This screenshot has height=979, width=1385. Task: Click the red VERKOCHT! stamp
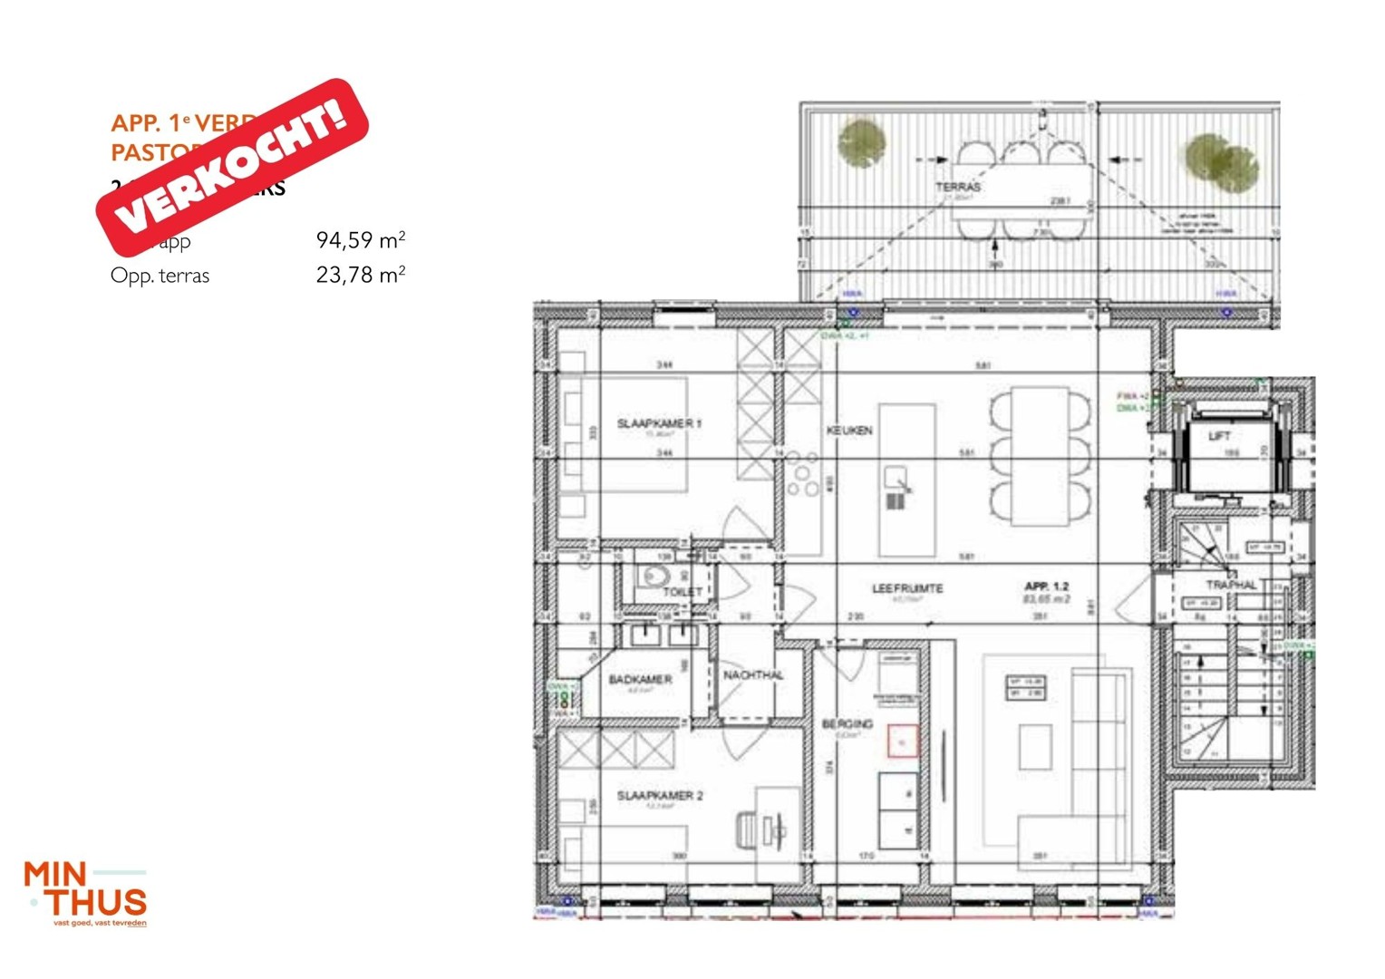coord(233,167)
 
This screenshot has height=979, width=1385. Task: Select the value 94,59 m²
coord(360,240)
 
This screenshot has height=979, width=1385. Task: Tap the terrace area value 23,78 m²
coord(360,275)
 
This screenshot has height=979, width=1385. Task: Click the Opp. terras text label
coord(160,276)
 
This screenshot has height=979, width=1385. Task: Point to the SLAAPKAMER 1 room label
coord(659,423)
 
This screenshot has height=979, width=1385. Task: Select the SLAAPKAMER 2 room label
coord(660,796)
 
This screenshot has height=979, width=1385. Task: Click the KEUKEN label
coord(849,431)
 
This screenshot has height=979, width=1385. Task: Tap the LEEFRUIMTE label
coord(907,588)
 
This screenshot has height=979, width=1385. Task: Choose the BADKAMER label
coord(640,679)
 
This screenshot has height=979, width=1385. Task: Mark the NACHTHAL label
coord(753,675)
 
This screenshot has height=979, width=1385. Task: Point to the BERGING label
coord(847,723)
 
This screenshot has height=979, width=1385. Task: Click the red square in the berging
coord(902,742)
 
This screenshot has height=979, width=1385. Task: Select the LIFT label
coord(1219,436)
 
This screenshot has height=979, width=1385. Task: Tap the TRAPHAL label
coord(1231,585)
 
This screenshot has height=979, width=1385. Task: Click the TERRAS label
coord(958,187)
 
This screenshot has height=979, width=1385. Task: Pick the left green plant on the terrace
coord(861,144)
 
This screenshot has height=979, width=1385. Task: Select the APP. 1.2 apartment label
coord(1047,586)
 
